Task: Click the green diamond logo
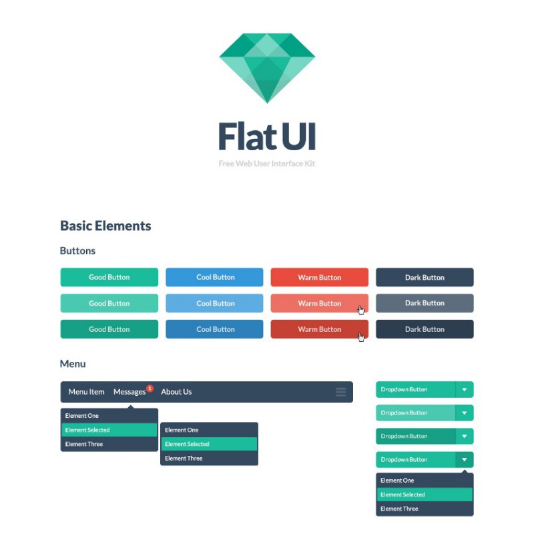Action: click(x=267, y=68)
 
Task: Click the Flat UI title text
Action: click(x=267, y=136)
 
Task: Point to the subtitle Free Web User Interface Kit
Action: click(x=266, y=164)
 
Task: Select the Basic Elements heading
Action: click(x=105, y=226)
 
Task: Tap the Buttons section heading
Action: click(x=77, y=251)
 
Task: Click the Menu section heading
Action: click(x=73, y=364)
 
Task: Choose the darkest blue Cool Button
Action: click(x=214, y=329)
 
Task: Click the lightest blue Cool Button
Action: click(x=214, y=303)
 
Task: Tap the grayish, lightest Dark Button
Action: click(x=425, y=303)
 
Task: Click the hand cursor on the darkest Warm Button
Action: click(x=361, y=337)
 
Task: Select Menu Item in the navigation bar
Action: click(x=87, y=392)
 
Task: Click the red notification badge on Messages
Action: click(x=150, y=388)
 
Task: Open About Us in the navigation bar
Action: click(x=176, y=392)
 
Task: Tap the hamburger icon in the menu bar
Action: click(x=341, y=392)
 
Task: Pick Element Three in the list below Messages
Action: click(x=84, y=444)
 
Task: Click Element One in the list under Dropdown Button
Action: click(x=397, y=481)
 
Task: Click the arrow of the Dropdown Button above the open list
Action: click(x=464, y=460)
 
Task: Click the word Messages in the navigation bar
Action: click(x=129, y=392)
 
